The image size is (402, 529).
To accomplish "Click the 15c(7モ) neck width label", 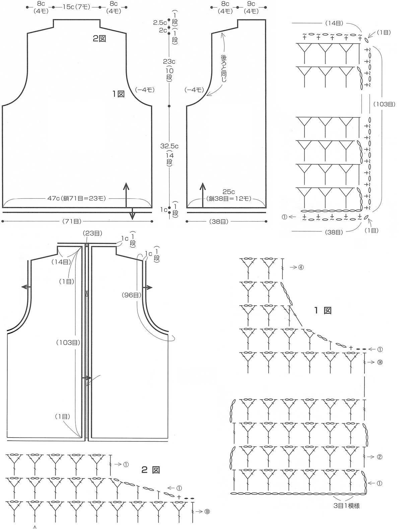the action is pyautogui.click(x=76, y=7).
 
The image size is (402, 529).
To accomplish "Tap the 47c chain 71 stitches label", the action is pyautogui.click(x=76, y=198).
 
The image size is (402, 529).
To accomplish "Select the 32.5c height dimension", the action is pyautogui.click(x=170, y=146).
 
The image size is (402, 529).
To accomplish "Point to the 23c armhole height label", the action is pyautogui.click(x=169, y=62).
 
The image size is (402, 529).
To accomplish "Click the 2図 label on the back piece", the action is pyautogui.click(x=99, y=38).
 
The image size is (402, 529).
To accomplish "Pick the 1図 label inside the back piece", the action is pyautogui.click(x=118, y=94).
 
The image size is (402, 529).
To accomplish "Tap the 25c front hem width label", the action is pyautogui.click(x=228, y=192).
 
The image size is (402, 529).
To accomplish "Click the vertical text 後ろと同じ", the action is pyautogui.click(x=224, y=68).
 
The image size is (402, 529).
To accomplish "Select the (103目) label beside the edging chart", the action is pyautogui.click(x=384, y=104).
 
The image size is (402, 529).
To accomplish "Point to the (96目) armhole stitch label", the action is pyautogui.click(x=132, y=295).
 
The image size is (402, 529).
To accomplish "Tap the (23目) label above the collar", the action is pyautogui.click(x=93, y=233).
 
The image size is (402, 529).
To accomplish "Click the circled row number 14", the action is pyautogui.click(x=380, y=362).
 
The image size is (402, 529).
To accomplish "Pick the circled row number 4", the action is pyautogui.click(x=300, y=267).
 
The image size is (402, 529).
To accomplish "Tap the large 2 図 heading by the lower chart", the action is pyautogui.click(x=150, y=470).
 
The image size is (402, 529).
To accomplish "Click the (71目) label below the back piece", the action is pyautogui.click(x=72, y=221).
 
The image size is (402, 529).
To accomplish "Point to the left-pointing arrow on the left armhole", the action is pyautogui.click(x=26, y=287).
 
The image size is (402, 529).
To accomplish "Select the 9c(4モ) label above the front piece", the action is pyautogui.click(x=251, y=7).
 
